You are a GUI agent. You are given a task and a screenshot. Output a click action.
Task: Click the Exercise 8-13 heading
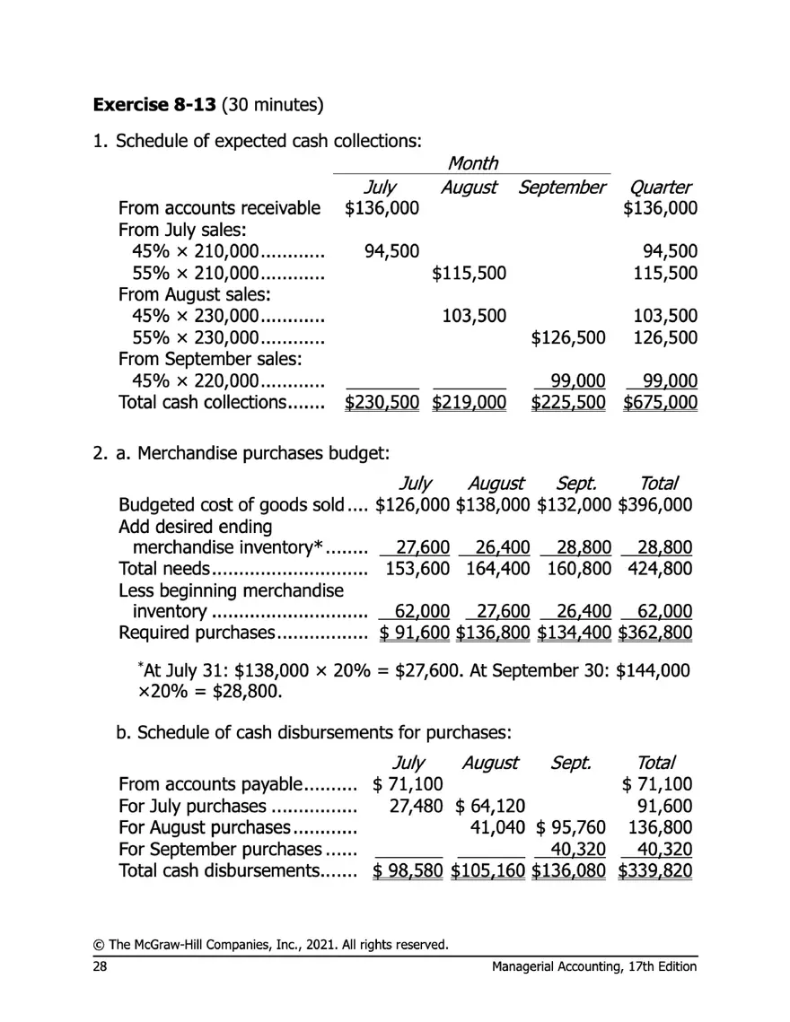pos(154,105)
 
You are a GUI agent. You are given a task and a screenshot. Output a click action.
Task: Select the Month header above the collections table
pos(472,163)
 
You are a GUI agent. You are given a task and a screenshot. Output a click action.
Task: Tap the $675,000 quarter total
pos(661,403)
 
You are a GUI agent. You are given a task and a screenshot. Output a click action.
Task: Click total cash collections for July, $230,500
pos(382,403)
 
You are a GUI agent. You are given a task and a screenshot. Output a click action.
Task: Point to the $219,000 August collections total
pos(470,403)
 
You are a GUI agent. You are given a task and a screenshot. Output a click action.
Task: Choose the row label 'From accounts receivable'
pos(219,209)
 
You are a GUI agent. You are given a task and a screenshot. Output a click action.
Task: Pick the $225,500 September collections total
pos(568,403)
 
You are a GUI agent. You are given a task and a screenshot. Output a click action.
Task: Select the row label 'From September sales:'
pos(209,360)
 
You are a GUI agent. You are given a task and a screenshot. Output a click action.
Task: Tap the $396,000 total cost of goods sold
pos(655,504)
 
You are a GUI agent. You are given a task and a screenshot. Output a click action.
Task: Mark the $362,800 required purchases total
pos(655,633)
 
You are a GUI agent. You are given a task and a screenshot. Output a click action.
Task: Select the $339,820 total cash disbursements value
pos(655,870)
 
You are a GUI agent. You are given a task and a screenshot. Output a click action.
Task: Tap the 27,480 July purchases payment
pos(416,806)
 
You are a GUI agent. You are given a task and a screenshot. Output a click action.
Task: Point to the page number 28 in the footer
pos(100,966)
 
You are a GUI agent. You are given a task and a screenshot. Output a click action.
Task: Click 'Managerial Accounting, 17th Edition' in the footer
pos(594,966)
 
